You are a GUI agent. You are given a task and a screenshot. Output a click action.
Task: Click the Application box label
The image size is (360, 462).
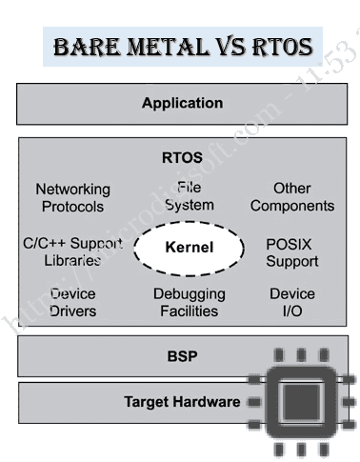182,103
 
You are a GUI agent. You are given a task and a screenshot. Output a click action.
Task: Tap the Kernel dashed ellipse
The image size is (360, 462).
188,248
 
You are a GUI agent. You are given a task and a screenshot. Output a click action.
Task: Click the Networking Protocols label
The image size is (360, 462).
72,197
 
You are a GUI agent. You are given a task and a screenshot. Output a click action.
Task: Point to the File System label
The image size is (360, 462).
189,196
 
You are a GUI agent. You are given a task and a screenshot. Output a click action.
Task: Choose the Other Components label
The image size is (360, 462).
292,197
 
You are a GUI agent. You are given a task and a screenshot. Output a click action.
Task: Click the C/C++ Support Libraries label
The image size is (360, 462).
71,251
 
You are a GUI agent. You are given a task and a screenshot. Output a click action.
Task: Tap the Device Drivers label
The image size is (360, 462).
72,302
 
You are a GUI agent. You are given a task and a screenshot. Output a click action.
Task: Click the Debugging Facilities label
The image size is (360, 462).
189,302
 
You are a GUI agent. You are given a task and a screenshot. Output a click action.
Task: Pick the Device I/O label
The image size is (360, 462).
291,302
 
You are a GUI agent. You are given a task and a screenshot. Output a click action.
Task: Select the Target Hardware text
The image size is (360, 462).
182,402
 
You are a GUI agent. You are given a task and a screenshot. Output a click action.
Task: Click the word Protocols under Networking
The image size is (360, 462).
72,206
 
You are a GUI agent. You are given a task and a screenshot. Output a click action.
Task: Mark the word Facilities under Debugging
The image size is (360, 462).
189,311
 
